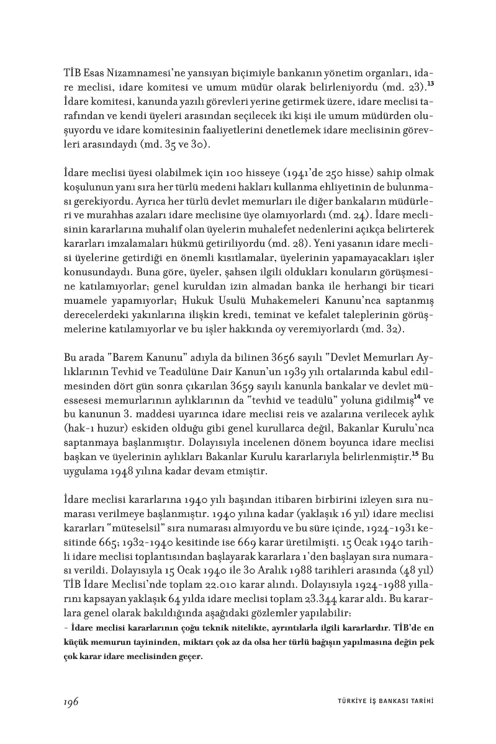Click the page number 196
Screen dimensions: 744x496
click(70, 701)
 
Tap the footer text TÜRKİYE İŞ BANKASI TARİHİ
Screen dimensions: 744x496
click(381, 702)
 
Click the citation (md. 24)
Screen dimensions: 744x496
click(352, 216)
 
